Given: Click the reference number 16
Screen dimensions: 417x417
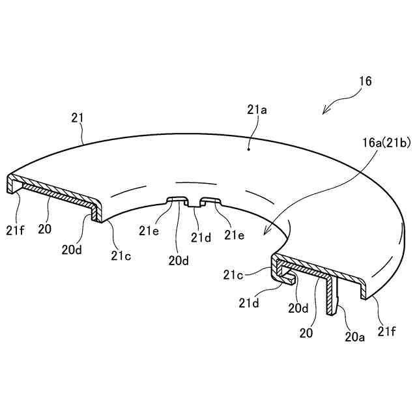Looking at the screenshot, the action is (x=366, y=81).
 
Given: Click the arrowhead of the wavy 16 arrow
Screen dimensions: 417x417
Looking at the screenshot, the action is (x=324, y=113).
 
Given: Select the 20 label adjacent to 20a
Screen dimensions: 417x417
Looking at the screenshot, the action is (x=306, y=332).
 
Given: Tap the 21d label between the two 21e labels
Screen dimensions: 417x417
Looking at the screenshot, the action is (x=199, y=237).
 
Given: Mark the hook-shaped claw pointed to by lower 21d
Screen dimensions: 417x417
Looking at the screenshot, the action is (x=287, y=279).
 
